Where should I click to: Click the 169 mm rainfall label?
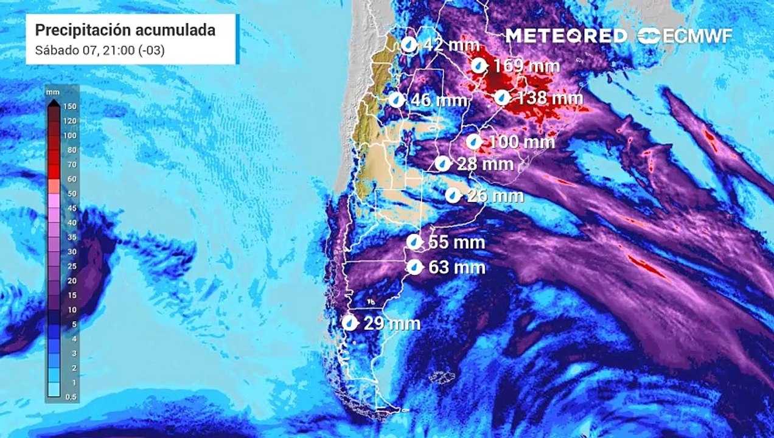point(525,66)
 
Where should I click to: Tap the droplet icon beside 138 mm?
point(502,97)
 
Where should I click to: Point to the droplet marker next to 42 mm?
point(410,44)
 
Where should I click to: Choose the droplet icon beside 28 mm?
point(443,164)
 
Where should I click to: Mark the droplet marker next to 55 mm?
point(414,242)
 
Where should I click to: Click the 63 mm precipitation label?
point(457,267)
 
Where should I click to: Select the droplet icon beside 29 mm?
point(350,323)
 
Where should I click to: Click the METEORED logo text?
point(566,36)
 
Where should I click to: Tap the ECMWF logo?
point(686,36)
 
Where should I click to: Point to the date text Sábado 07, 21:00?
point(100,50)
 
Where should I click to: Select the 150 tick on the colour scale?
point(71,106)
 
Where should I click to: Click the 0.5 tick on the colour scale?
point(71,397)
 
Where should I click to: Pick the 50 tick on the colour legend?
point(71,193)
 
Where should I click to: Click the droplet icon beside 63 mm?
point(414,267)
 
